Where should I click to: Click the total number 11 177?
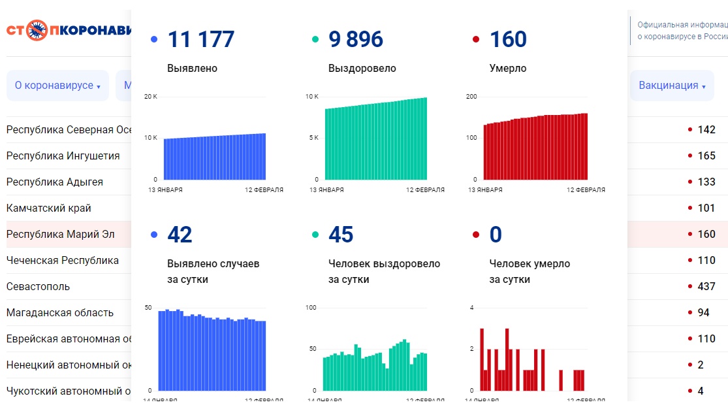[200, 39]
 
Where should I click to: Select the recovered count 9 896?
[356, 39]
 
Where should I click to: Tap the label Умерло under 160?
[507, 69]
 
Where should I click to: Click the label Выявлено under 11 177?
[192, 69]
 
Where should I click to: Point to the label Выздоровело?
[362, 69]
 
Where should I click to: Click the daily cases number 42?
[180, 235]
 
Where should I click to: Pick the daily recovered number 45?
[341, 235]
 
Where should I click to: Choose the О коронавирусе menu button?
[57, 86]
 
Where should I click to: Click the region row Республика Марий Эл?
[60, 235]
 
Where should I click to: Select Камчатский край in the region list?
[49, 208]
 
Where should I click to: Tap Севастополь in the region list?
[38, 287]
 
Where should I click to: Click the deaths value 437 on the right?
[706, 287]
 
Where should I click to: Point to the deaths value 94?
[703, 313]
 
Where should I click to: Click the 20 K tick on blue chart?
[151, 97]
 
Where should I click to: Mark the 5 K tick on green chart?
[313, 138]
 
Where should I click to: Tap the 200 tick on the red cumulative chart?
[471, 97]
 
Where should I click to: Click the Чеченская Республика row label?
[63, 261]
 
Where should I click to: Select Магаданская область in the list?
[60, 313]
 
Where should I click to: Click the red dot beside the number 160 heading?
[476, 39]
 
